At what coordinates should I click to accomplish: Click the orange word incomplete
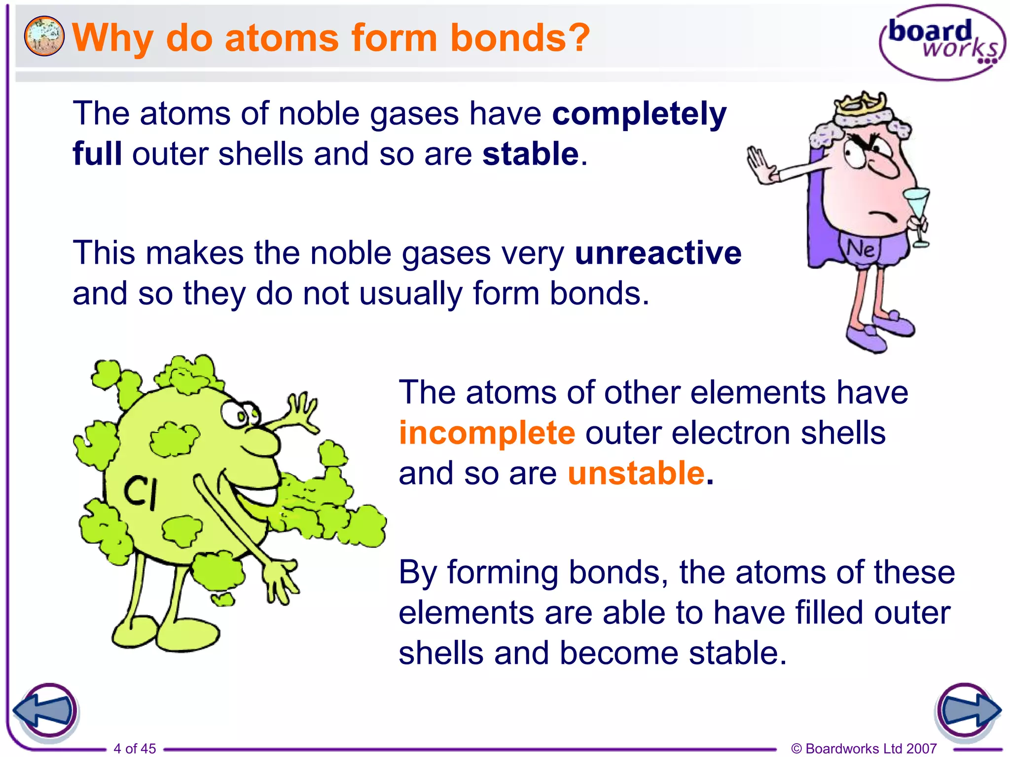pos(487,433)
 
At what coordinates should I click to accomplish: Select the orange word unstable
pos(636,474)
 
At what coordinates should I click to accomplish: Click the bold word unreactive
pos(658,253)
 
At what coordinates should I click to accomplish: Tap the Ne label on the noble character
pos(860,249)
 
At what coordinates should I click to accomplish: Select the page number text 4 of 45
pos(135,748)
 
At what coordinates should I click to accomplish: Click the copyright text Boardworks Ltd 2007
pos(864,748)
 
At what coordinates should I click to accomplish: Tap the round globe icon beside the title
pos(44,36)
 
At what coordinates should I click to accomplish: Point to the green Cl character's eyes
pos(239,414)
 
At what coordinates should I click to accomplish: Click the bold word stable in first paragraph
pos(530,154)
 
